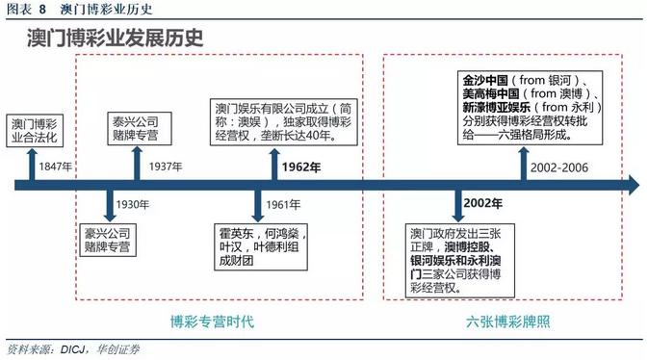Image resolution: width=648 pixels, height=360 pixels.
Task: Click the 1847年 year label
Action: tap(56, 167)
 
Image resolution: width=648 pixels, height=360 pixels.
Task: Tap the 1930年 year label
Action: tap(133, 204)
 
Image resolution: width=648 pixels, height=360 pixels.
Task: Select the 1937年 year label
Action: tap(167, 167)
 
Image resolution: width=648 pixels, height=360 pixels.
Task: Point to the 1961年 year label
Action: tap(284, 204)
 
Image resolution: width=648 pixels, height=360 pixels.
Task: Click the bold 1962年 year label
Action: tap(301, 167)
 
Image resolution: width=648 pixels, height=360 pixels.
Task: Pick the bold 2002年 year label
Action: tap(482, 204)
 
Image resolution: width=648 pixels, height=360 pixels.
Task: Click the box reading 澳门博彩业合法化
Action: tap(35, 131)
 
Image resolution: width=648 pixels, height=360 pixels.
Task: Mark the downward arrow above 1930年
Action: tap(108, 203)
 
